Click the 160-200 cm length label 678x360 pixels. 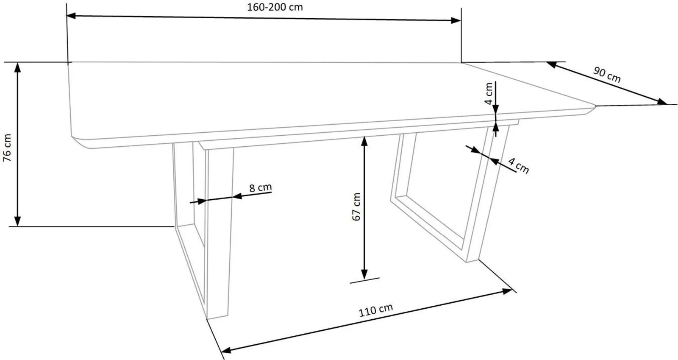point(275,7)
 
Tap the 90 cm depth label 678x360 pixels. point(607,75)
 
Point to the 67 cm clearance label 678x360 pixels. point(356,207)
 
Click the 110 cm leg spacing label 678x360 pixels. point(375,310)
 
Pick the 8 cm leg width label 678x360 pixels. point(260,188)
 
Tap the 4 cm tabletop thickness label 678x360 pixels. point(489,94)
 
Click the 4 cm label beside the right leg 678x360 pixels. point(519,166)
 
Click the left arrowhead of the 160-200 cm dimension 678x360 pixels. point(71,16)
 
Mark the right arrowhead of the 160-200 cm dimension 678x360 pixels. point(456,21)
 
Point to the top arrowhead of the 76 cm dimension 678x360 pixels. point(18,67)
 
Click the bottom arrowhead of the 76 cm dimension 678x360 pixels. point(18,221)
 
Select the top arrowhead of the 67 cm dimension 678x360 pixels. point(364,141)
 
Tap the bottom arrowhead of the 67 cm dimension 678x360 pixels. point(364,274)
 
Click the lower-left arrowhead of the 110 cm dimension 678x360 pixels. point(226,350)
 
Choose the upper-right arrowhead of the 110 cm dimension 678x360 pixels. point(507,291)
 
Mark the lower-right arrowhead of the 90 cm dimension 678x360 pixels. point(663,102)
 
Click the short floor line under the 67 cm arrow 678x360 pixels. point(364,280)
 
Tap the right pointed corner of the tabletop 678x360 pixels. point(595,106)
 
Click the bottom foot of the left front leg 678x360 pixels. point(217,317)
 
